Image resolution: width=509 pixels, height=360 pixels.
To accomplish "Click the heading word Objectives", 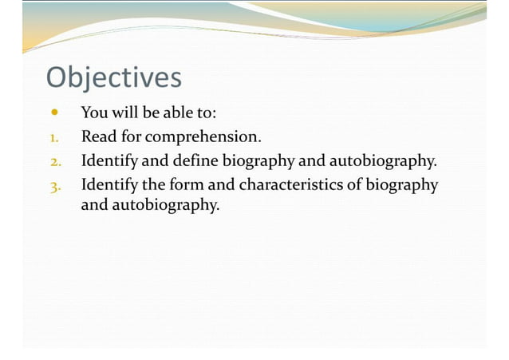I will (113, 78).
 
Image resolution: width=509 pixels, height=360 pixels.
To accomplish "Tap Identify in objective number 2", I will (109, 160).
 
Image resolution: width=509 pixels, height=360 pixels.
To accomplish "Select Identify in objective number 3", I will (109, 185).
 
